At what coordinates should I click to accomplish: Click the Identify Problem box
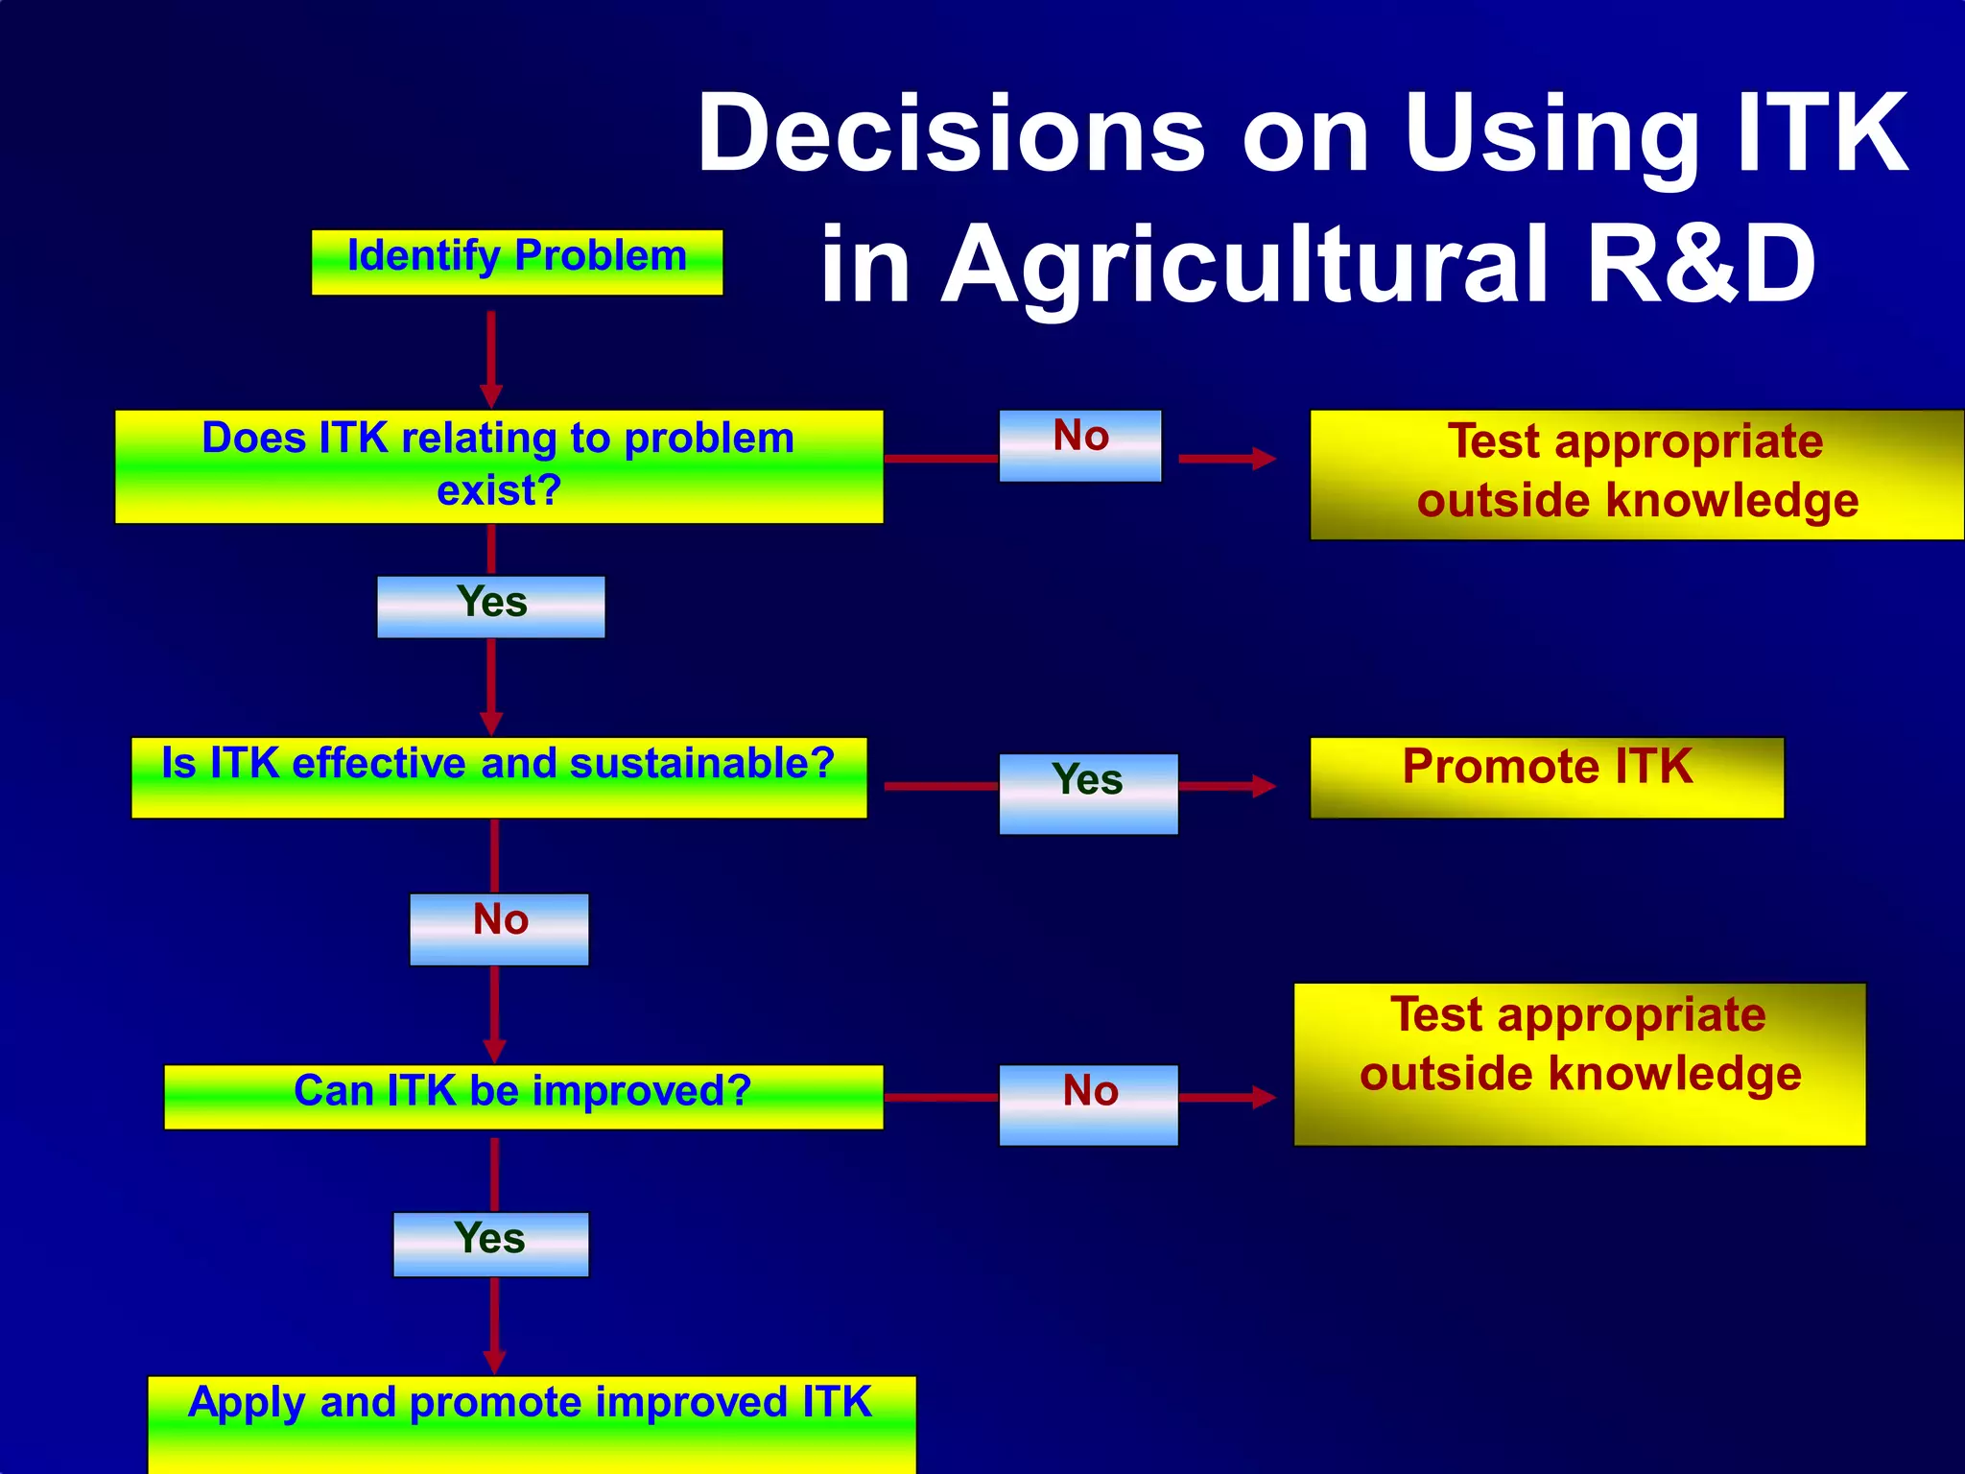(516, 262)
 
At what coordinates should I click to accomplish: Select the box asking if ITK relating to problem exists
(498, 466)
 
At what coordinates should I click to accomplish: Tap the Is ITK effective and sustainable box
(498, 777)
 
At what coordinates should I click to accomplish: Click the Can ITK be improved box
(523, 1097)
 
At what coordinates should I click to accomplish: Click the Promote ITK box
(1546, 777)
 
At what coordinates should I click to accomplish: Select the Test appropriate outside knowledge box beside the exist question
(1636, 474)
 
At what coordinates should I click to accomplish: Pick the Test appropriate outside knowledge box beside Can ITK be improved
(1578, 1063)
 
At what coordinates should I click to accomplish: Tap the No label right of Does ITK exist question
(1079, 445)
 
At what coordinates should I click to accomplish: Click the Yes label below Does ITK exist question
(490, 606)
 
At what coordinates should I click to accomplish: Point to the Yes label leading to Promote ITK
(1087, 793)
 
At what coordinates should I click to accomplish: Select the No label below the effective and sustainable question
(499, 929)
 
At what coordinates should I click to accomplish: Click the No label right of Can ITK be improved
(1088, 1104)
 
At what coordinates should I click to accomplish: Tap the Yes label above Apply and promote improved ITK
(490, 1244)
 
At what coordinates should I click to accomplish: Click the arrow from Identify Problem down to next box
(490, 355)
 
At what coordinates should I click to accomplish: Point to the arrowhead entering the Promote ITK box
(1264, 787)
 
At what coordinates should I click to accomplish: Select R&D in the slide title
(1700, 264)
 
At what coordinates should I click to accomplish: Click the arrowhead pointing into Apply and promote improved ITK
(494, 1362)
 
